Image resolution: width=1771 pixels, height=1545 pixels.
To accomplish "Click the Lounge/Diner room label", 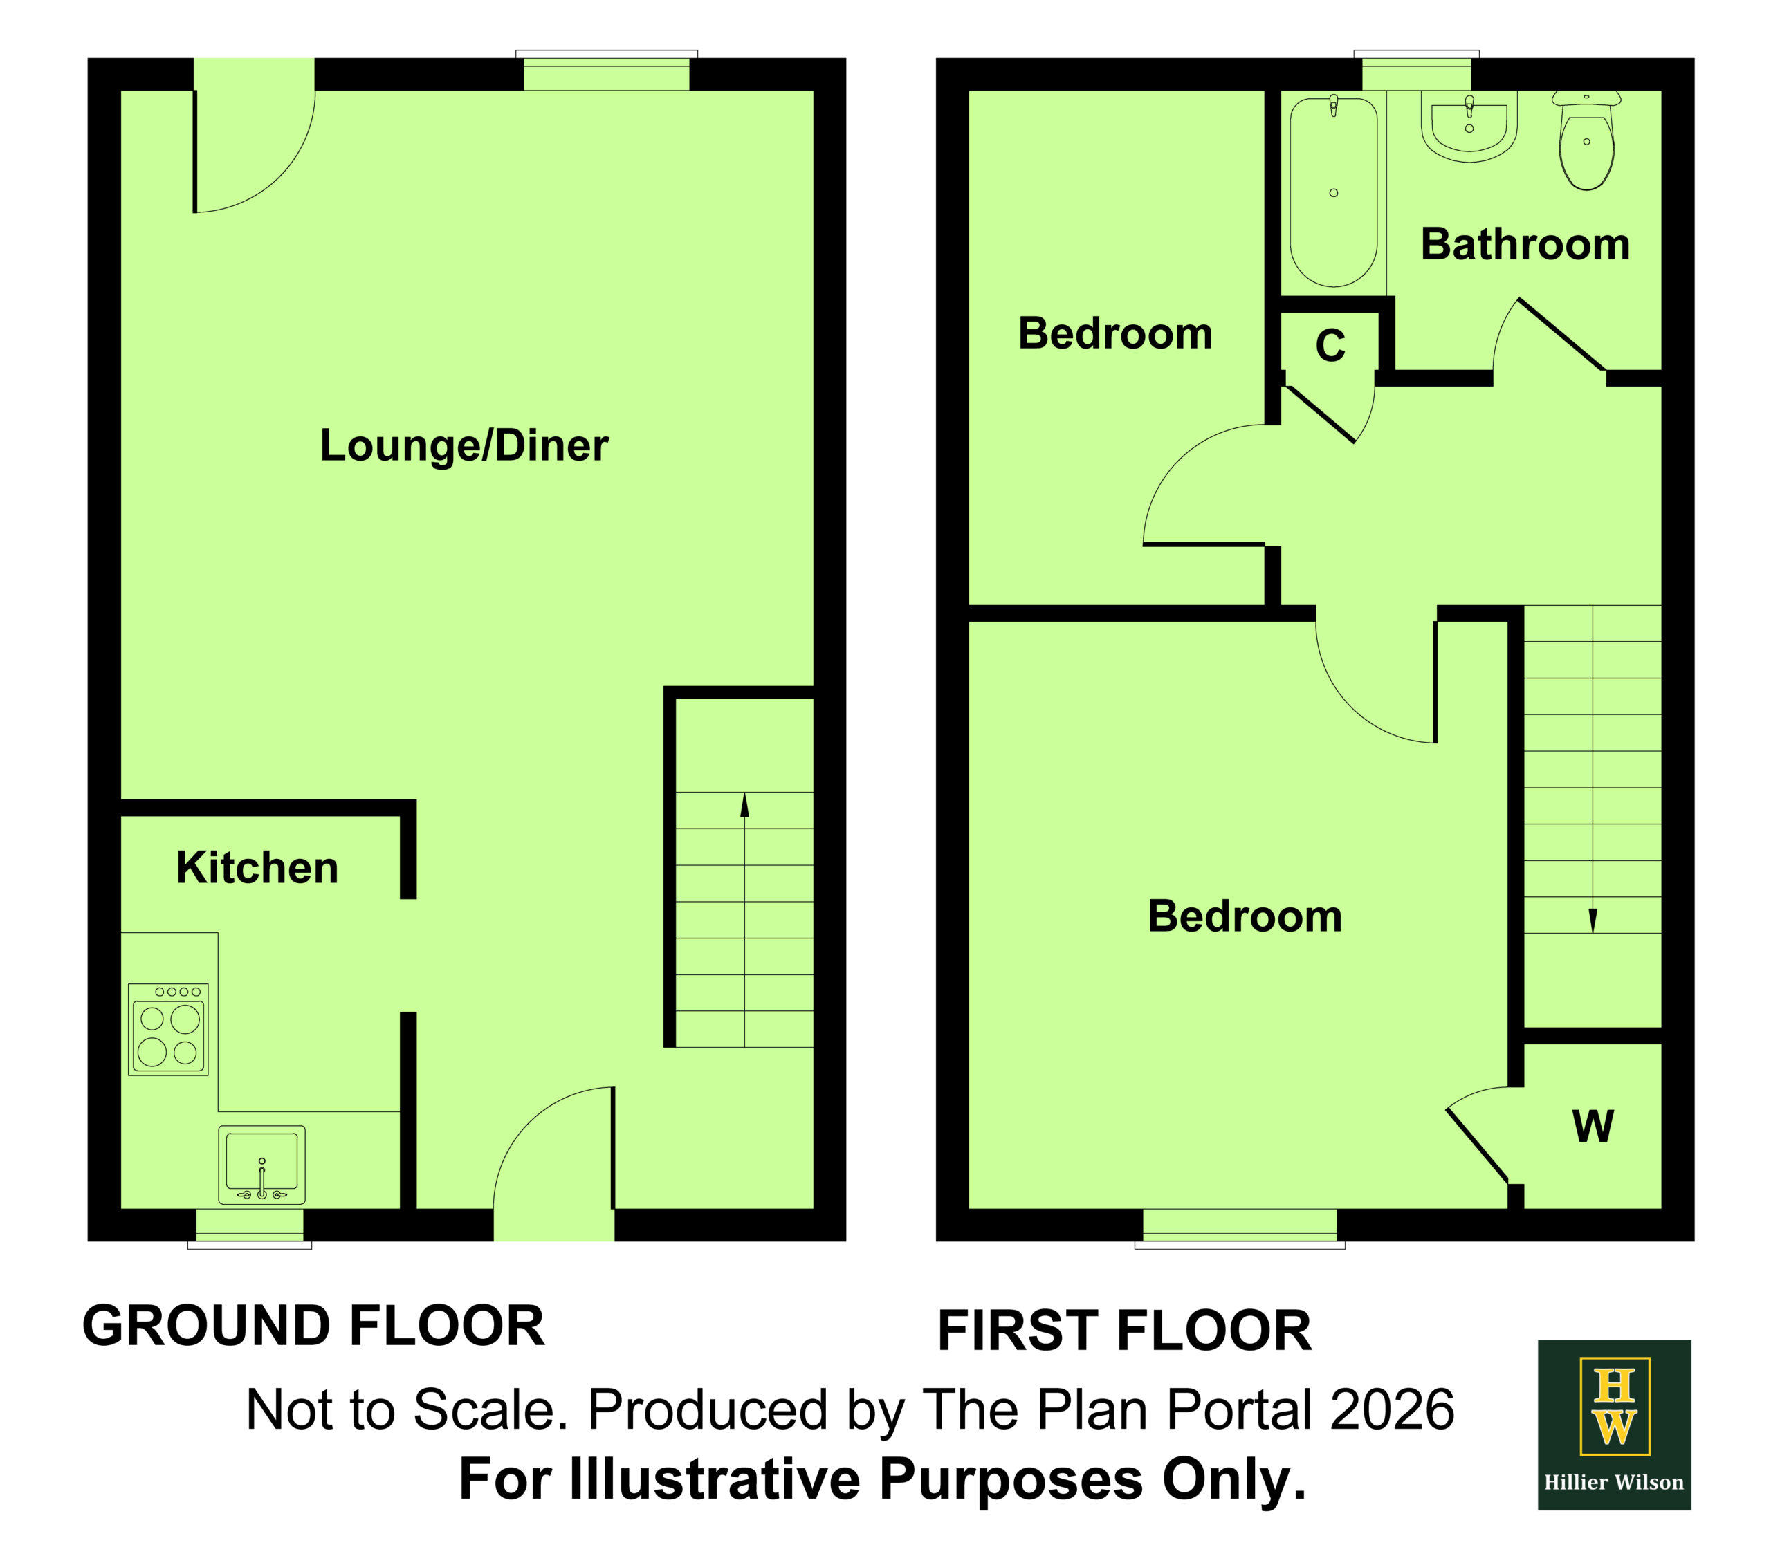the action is (x=464, y=446).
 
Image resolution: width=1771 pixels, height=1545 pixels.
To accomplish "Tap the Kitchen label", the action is (x=257, y=867).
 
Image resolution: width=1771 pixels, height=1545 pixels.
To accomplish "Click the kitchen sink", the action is (x=261, y=1165).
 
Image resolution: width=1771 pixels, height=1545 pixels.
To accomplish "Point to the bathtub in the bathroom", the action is (x=1333, y=192).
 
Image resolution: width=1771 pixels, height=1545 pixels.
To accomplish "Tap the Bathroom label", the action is (x=1525, y=244).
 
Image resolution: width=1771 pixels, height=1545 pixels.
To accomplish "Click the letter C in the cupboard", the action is (x=1330, y=346).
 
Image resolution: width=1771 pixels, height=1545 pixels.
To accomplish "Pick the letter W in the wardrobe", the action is (x=1593, y=1126).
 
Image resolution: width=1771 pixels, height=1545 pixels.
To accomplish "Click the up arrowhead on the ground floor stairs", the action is (x=744, y=804).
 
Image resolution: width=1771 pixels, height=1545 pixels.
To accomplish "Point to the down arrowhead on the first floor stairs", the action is (x=1593, y=920).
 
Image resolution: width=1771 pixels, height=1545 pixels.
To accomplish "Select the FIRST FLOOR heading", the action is (x=1124, y=1331).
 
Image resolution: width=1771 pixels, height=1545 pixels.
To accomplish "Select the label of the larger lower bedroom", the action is (x=1244, y=916).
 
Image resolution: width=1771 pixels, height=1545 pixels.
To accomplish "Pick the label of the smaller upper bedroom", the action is (x=1115, y=333).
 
